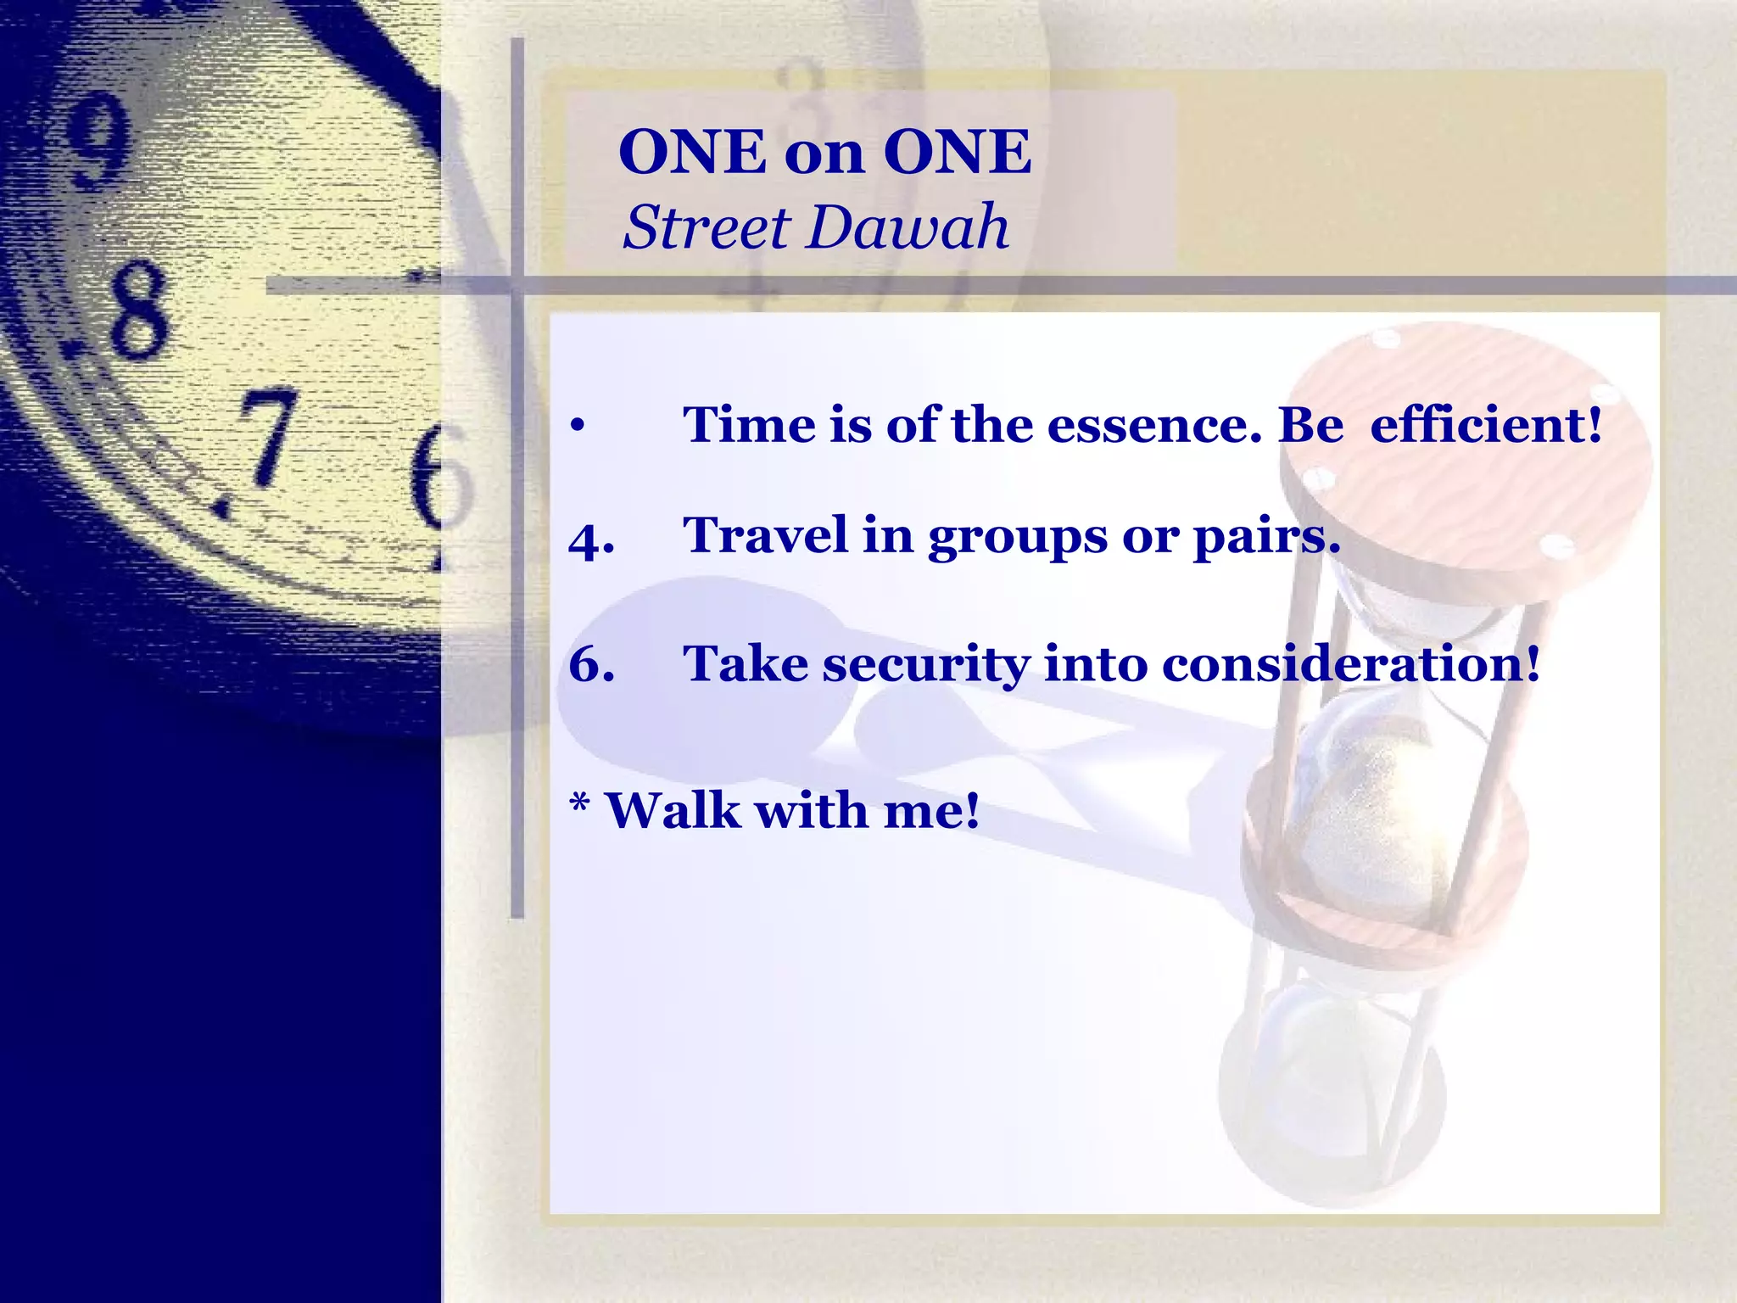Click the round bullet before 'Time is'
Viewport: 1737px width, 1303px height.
point(578,426)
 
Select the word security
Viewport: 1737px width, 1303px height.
point(925,664)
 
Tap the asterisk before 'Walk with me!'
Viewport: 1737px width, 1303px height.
point(579,802)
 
